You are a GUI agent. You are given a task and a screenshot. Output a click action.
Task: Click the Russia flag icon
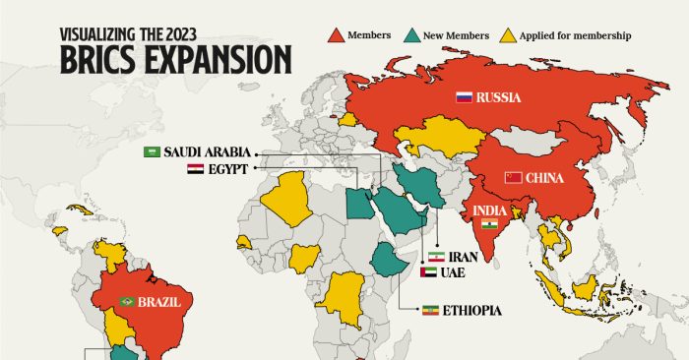tap(465, 97)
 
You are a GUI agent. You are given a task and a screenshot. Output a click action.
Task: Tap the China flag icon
tap(512, 178)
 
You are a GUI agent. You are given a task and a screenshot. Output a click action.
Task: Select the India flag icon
tap(484, 225)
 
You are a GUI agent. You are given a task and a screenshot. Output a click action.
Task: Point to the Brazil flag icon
tap(126, 301)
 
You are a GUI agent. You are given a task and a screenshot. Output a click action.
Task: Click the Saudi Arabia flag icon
tap(152, 151)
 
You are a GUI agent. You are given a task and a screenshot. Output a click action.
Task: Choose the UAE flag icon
tap(426, 272)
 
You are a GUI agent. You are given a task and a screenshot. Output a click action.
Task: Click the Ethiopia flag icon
tap(428, 311)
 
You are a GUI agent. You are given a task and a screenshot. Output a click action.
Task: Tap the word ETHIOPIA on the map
tap(471, 311)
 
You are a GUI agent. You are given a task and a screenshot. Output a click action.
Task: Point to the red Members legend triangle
tap(336, 36)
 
